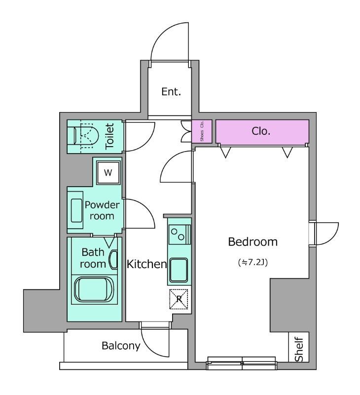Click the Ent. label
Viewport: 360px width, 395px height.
171,92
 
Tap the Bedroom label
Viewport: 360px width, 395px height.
253,242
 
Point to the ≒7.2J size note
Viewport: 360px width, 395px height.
253,263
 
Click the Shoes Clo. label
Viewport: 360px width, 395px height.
202,131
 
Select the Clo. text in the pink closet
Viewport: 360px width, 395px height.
261,131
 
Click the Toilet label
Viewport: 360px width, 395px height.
109,136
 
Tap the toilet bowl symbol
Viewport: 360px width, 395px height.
85,136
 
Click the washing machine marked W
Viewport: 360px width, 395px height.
108,172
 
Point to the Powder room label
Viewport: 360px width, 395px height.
102,210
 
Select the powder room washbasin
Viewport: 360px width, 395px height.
76,210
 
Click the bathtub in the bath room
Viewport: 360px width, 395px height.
94,290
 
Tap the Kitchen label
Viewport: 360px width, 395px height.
146,264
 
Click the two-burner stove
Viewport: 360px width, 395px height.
180,235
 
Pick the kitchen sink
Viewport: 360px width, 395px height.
179,270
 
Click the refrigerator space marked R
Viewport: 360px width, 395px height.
179,299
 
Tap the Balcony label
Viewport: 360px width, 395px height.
121,346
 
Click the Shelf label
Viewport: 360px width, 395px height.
299,349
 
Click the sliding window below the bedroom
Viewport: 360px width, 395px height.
242,363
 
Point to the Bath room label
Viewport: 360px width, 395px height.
93,258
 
